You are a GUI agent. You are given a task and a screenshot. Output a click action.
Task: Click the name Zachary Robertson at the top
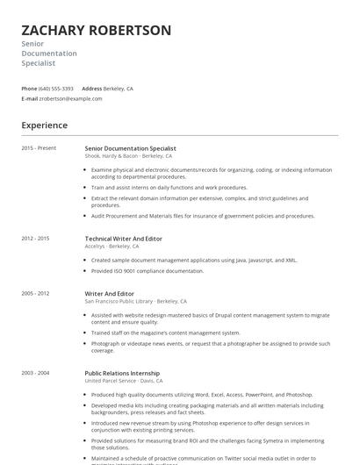pos(96,31)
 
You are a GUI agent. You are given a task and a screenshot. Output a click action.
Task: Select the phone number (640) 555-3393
pos(56,89)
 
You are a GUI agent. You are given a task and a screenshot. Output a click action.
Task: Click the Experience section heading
pos(44,125)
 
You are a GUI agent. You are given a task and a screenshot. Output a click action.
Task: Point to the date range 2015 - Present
pos(40,148)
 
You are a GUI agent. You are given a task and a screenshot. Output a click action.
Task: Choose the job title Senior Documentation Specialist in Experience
pos(130,149)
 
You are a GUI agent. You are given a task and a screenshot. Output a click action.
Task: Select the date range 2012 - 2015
pos(35,238)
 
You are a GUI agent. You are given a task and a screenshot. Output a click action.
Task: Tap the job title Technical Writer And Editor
pos(123,239)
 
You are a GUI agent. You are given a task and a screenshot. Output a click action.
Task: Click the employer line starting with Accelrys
pos(112,247)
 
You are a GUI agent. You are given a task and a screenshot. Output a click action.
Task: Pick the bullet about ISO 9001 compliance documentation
pos(147,271)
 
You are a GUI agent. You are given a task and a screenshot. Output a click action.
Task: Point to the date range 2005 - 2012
pos(35,293)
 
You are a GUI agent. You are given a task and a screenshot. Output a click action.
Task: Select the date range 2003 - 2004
pos(35,373)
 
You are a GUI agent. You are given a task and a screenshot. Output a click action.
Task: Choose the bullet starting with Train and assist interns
pos(169,187)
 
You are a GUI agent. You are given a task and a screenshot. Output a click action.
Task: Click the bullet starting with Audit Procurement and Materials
pos(202,216)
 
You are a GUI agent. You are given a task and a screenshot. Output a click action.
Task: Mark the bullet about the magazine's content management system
pos(165,333)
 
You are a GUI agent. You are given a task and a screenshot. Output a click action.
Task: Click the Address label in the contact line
pos(91,89)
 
